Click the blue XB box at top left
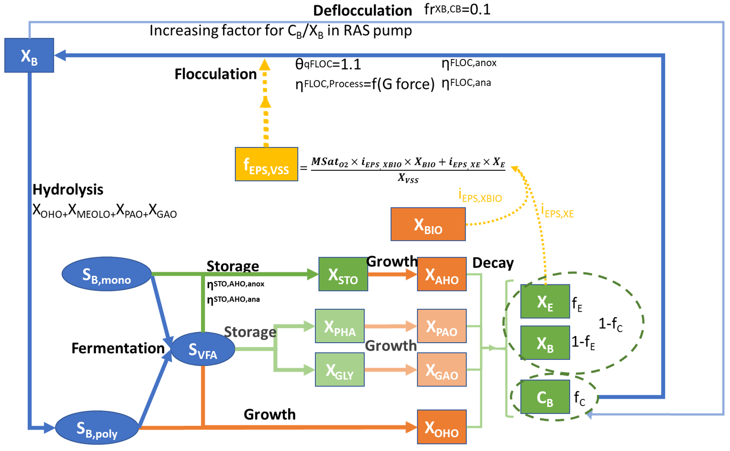point(29,55)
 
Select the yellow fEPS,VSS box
point(266,164)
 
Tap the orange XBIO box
point(428,224)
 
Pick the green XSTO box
point(343,274)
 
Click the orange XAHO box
point(442,274)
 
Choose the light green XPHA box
point(340,326)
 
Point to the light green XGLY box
point(340,369)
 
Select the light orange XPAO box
point(442,326)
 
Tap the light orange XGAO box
point(442,369)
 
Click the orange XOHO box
point(442,427)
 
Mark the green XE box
point(545,302)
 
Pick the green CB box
point(545,397)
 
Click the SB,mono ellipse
point(106,274)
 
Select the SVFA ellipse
point(203,349)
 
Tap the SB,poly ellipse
point(97,428)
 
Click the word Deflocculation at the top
point(362,11)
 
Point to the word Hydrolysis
point(68,190)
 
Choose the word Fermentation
point(118,348)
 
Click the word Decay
point(493,263)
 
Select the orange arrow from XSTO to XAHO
point(392,274)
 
